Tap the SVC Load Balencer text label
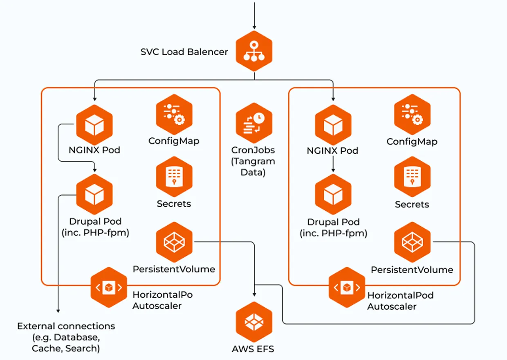[184, 52]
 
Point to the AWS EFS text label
[253, 349]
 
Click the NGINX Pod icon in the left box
[94, 124]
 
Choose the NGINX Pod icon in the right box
[333, 125]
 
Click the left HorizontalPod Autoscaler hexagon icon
[108, 287]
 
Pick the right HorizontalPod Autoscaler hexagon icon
[347, 287]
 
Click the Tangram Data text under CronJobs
[253, 167]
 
